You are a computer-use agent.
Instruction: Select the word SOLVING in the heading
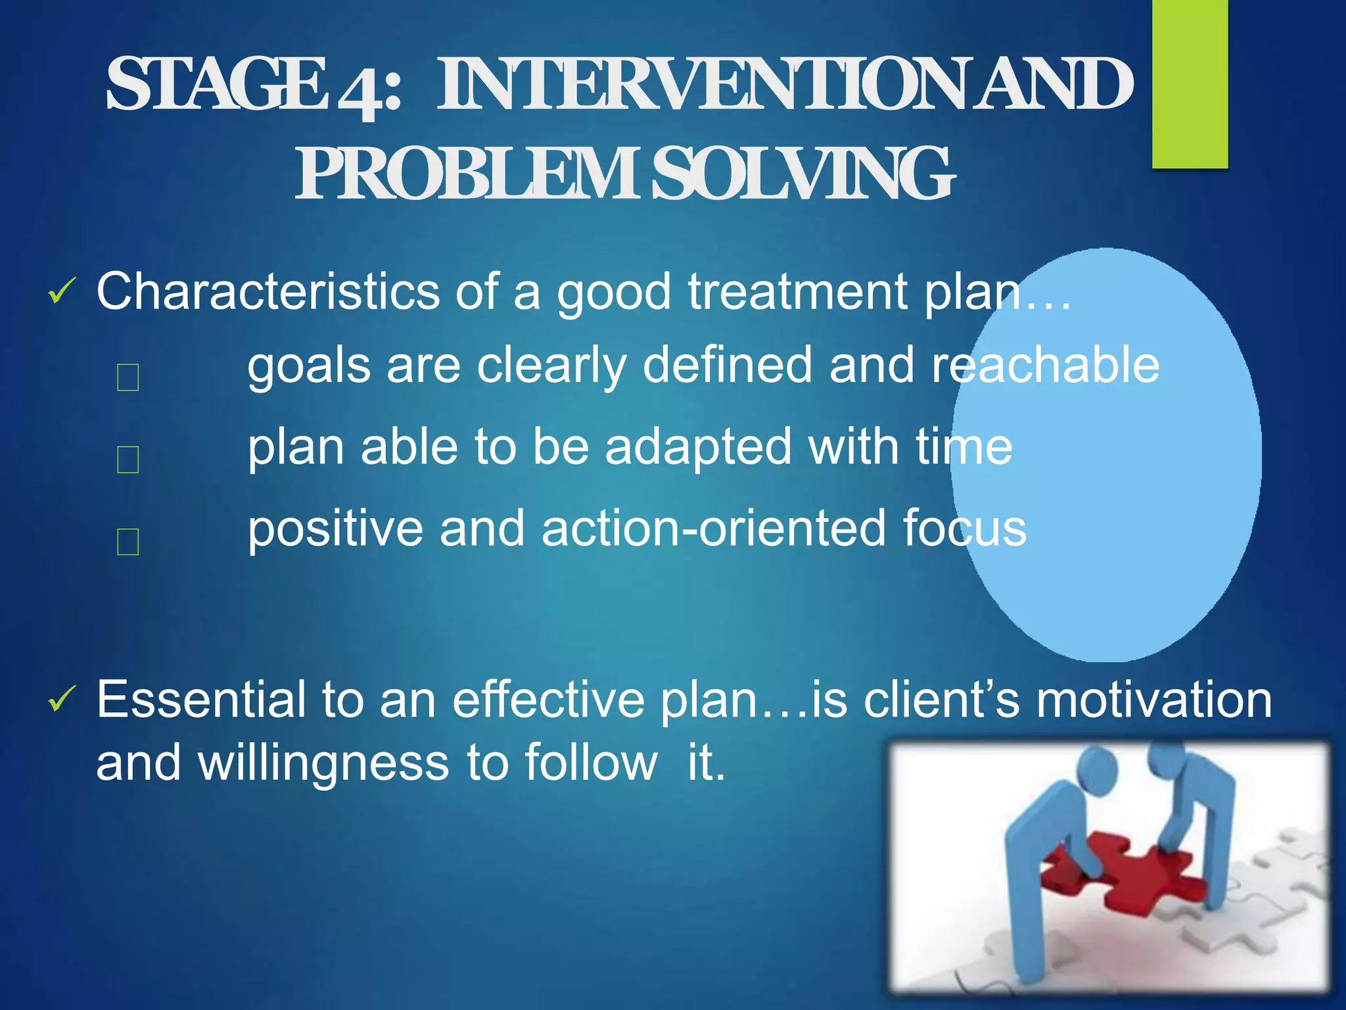[802, 175]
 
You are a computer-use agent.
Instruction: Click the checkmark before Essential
[62, 700]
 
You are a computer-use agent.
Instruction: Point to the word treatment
[798, 291]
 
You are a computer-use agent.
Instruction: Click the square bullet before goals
[128, 377]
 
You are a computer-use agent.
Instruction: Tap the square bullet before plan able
[128, 459]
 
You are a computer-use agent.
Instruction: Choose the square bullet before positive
[128, 541]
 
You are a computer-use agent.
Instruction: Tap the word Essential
[200, 700]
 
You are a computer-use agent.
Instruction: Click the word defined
[727, 366]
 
